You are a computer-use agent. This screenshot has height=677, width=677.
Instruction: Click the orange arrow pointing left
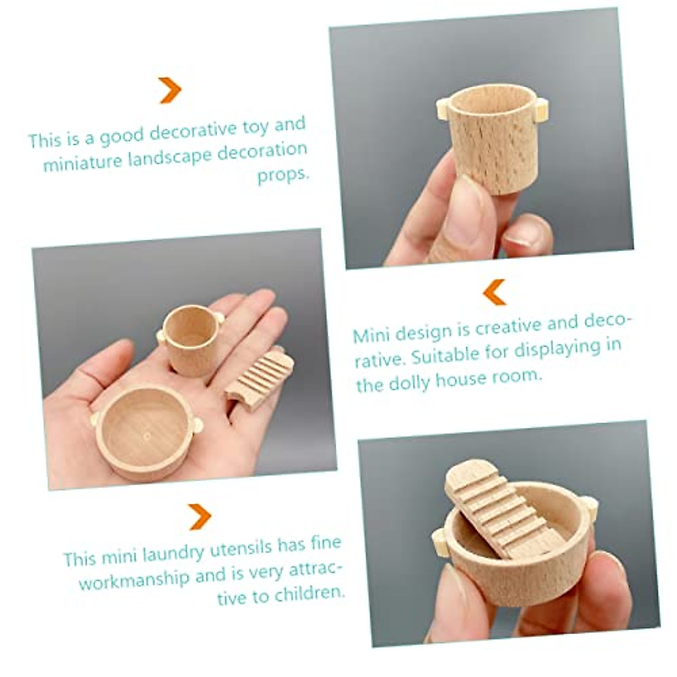494,292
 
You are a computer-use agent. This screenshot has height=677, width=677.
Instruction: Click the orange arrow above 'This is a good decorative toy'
170,90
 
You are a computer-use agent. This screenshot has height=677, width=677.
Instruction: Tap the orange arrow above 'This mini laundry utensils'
200,516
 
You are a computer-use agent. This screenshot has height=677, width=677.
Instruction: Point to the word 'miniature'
82,163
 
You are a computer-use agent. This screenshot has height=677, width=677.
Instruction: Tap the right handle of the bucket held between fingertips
541,110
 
